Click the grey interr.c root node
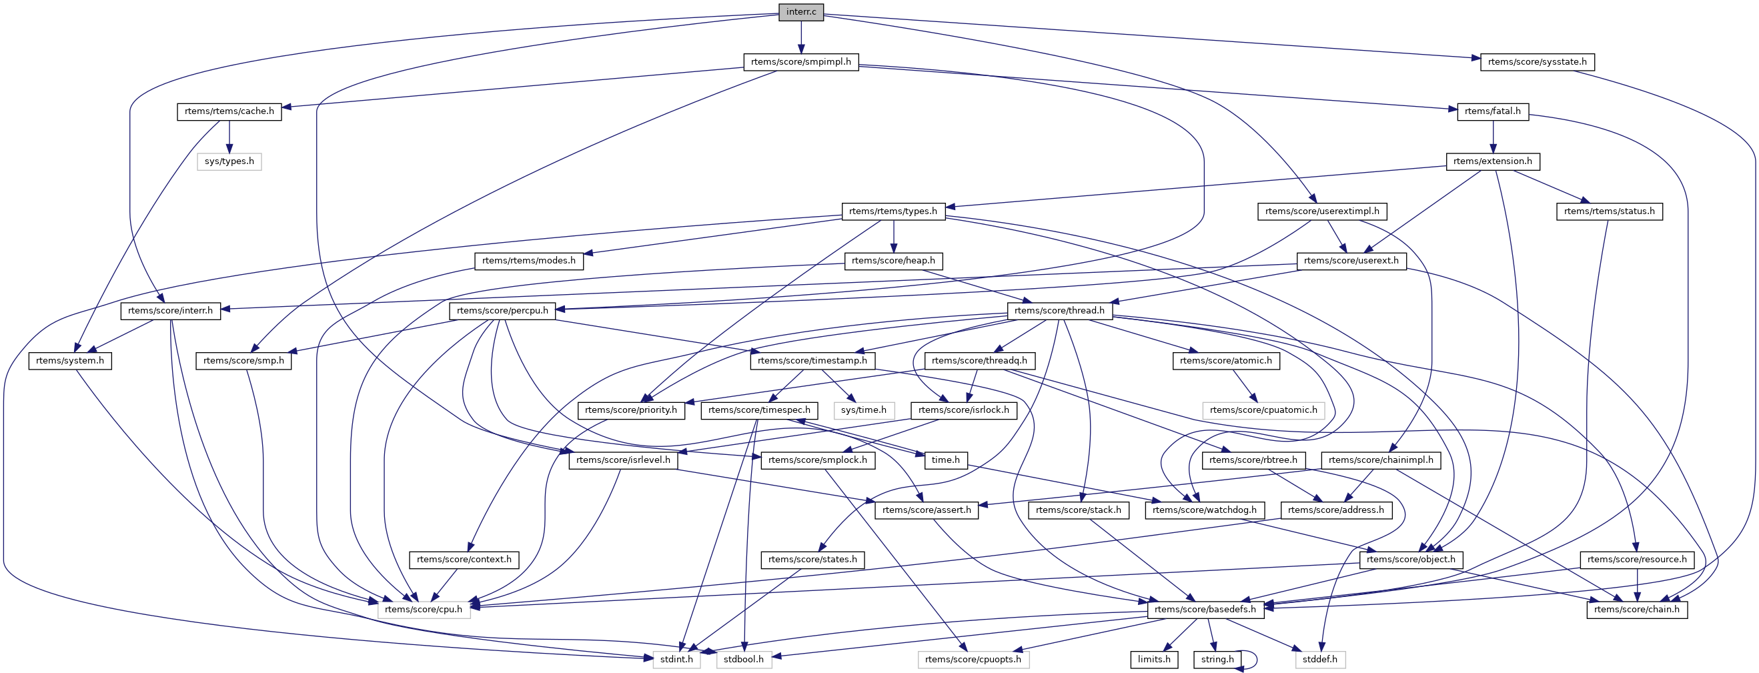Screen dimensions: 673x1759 coord(801,12)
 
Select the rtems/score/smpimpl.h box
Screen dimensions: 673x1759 coord(801,62)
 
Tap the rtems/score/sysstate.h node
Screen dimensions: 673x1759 coord(1537,62)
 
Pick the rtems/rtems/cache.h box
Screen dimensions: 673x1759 coord(229,111)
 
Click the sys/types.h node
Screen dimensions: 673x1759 coord(229,162)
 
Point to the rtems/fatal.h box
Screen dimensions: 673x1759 coord(1493,111)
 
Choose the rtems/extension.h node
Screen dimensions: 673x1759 coord(1493,162)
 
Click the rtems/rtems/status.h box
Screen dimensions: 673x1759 coord(1610,211)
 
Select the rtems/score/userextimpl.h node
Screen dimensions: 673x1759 coord(1322,211)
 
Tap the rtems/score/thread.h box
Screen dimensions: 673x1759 coord(1060,311)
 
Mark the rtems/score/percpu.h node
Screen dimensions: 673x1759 coord(502,311)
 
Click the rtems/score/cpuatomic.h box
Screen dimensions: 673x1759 coord(1263,410)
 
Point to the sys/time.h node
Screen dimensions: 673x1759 coord(864,410)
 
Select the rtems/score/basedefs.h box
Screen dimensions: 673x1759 coord(1205,610)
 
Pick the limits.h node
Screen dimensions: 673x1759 coord(1154,660)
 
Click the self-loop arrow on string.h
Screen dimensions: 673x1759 coord(1255,660)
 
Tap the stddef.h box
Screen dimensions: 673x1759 coord(1320,660)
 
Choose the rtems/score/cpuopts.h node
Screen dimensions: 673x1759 coord(973,660)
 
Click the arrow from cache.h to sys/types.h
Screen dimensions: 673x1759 coord(229,137)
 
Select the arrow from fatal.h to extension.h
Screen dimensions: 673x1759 coord(1493,137)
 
